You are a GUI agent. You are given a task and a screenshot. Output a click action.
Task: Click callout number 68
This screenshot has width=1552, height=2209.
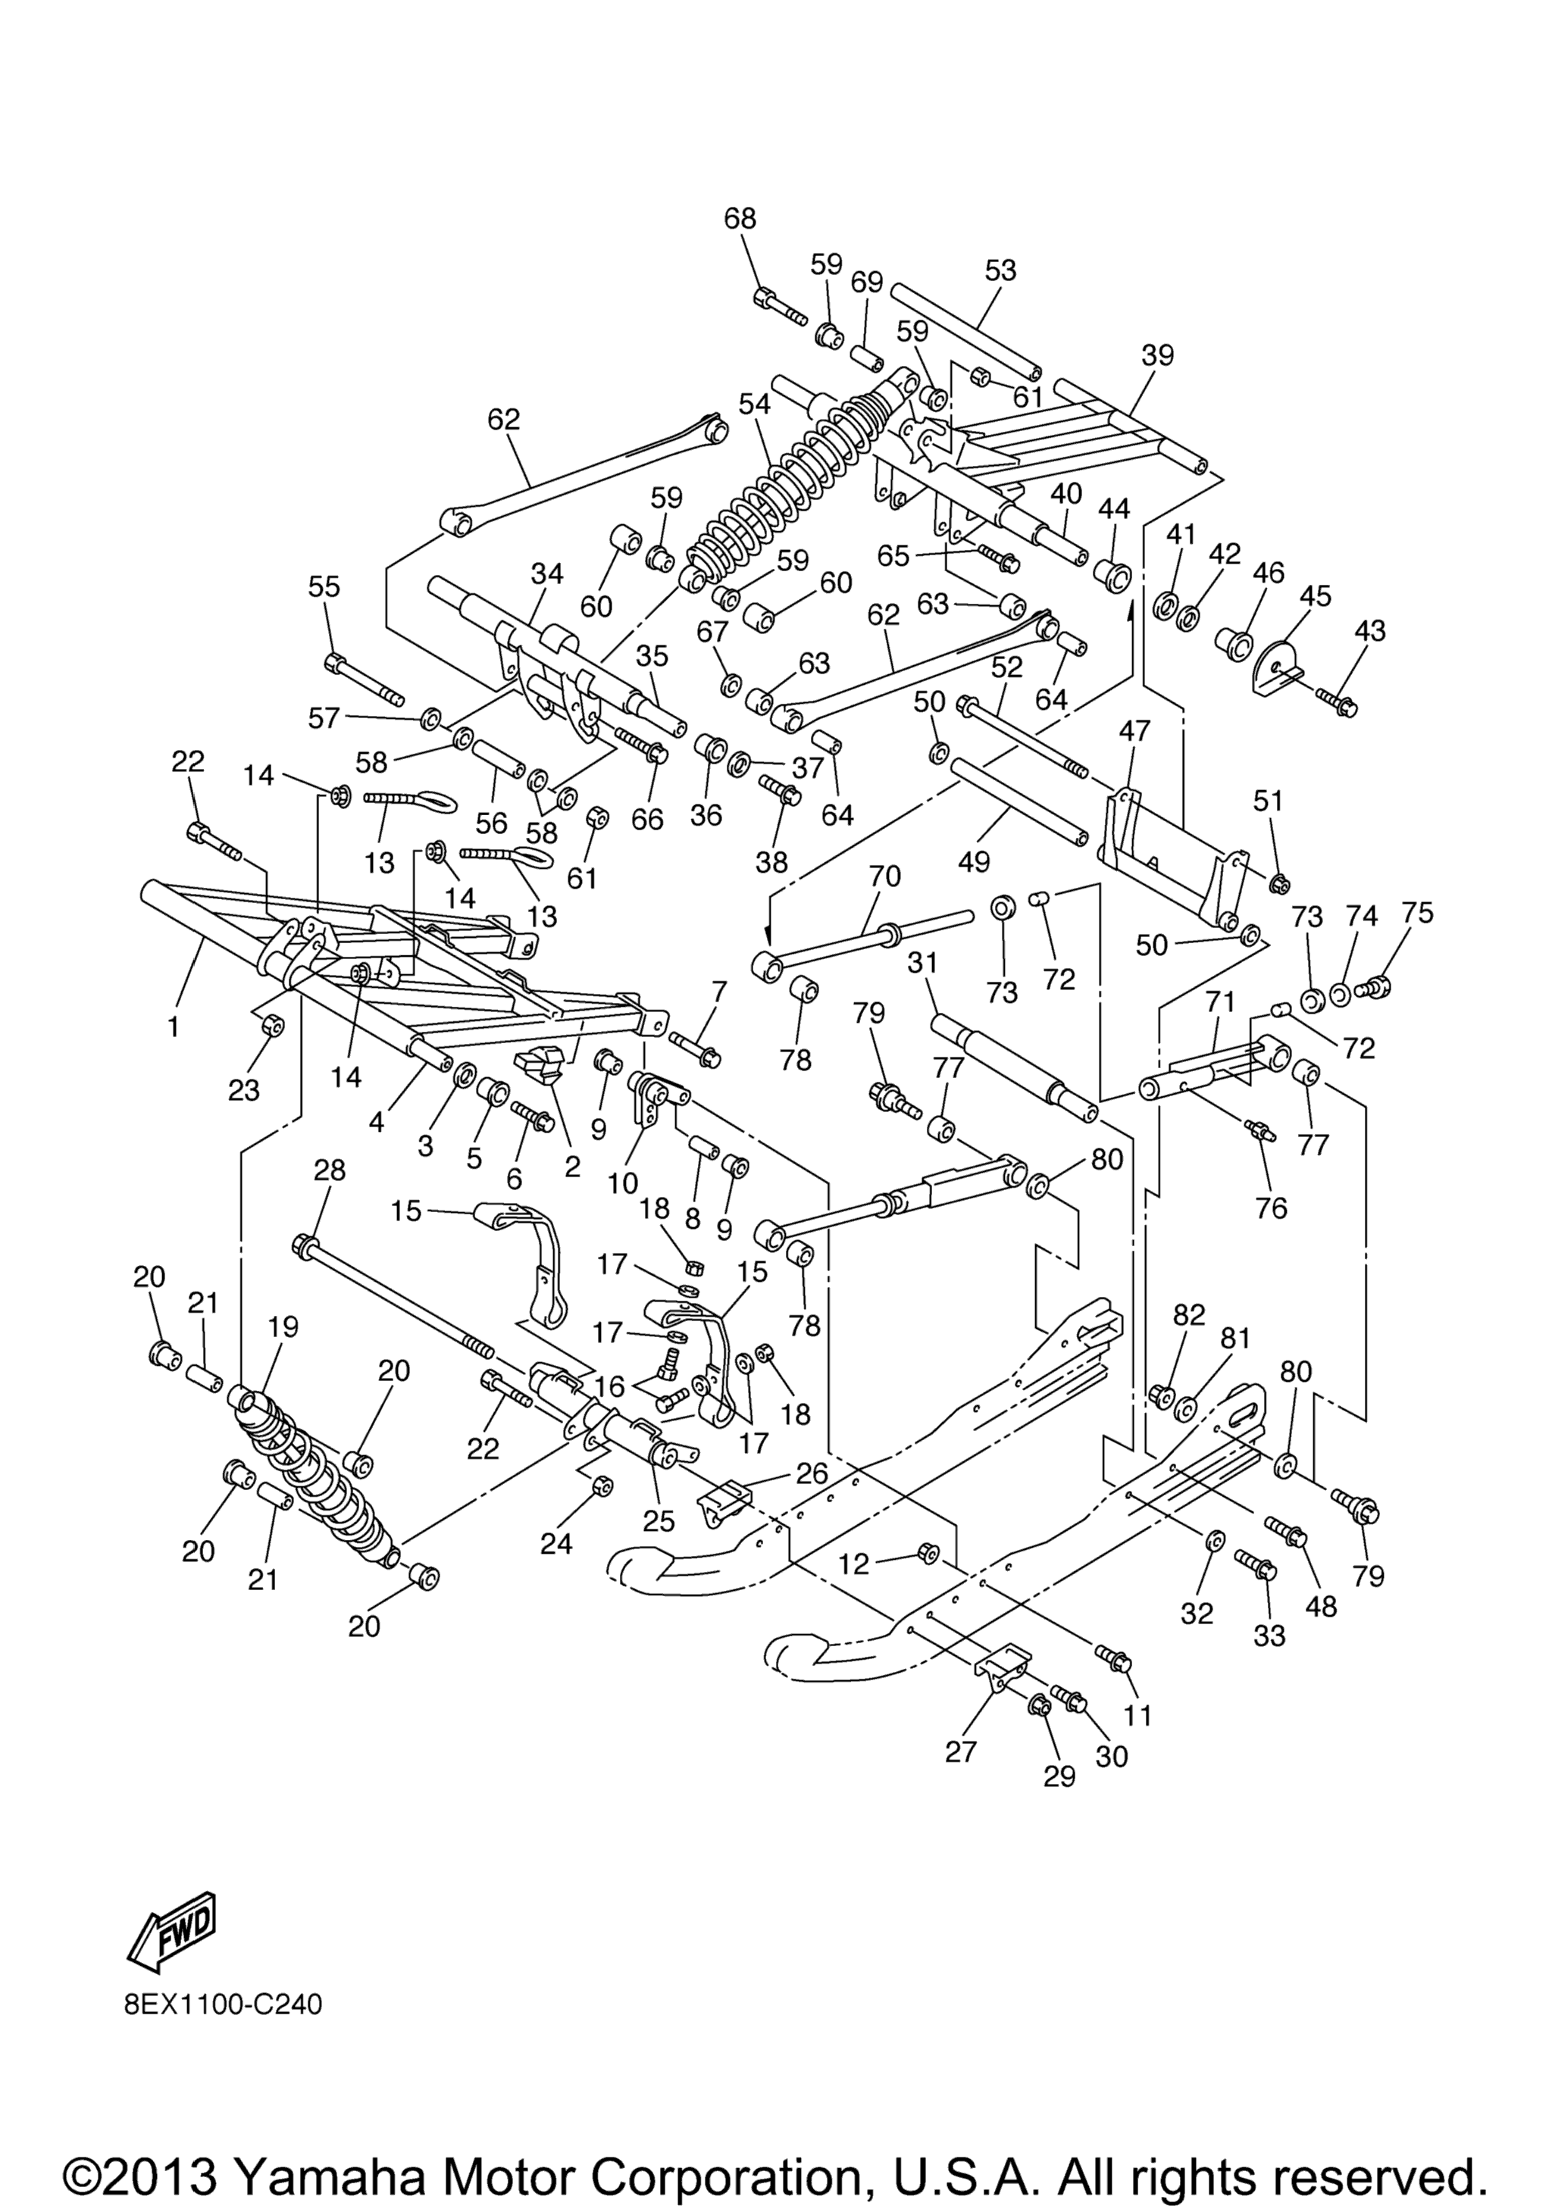[x=740, y=218]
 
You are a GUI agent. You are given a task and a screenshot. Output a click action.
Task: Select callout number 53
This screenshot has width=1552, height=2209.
[x=1000, y=270]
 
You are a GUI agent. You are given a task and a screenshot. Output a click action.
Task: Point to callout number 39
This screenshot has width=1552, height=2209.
[x=1159, y=355]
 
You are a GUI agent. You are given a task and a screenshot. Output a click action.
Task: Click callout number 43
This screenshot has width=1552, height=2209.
[x=1370, y=630]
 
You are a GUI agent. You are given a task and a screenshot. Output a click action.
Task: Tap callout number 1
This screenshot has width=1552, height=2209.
[x=174, y=1027]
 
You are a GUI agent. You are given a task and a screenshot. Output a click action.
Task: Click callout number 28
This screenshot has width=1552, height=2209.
[x=329, y=1171]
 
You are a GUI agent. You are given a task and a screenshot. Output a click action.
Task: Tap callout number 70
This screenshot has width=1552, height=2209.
[x=885, y=876]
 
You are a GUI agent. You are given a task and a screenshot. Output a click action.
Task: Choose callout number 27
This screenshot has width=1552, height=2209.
[x=961, y=1751]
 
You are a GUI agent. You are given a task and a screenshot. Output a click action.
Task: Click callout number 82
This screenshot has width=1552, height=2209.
[x=1189, y=1315]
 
